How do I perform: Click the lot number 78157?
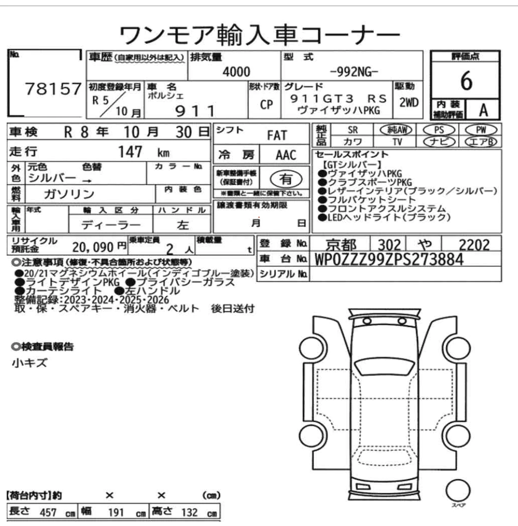pyautogui.click(x=53, y=89)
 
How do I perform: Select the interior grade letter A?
pyautogui.click(x=483, y=110)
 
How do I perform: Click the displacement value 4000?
pyautogui.click(x=237, y=72)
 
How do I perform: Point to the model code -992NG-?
pyautogui.click(x=354, y=72)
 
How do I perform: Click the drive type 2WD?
pyautogui.click(x=408, y=103)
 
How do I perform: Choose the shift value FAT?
pyautogui.click(x=277, y=135)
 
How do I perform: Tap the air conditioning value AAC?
pyautogui.click(x=286, y=155)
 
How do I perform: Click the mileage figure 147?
pyautogui.click(x=130, y=152)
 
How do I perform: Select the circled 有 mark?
pyautogui.click(x=286, y=179)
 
